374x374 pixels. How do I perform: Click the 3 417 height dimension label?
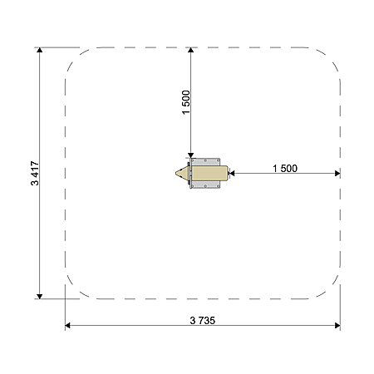click(x=35, y=173)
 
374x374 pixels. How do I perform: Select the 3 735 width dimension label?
click(x=203, y=321)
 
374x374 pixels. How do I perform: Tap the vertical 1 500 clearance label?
click(x=186, y=102)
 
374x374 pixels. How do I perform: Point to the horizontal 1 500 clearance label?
click(x=285, y=169)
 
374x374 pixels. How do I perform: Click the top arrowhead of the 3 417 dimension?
click(x=40, y=50)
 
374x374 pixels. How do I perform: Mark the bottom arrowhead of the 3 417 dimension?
click(x=40, y=297)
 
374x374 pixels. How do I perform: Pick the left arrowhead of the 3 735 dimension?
click(x=67, y=326)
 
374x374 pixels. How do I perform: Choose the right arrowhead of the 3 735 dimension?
click(x=337, y=326)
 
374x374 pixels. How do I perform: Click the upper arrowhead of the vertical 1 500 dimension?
click(x=190, y=50)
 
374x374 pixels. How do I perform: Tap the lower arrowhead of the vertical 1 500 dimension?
click(x=190, y=155)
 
